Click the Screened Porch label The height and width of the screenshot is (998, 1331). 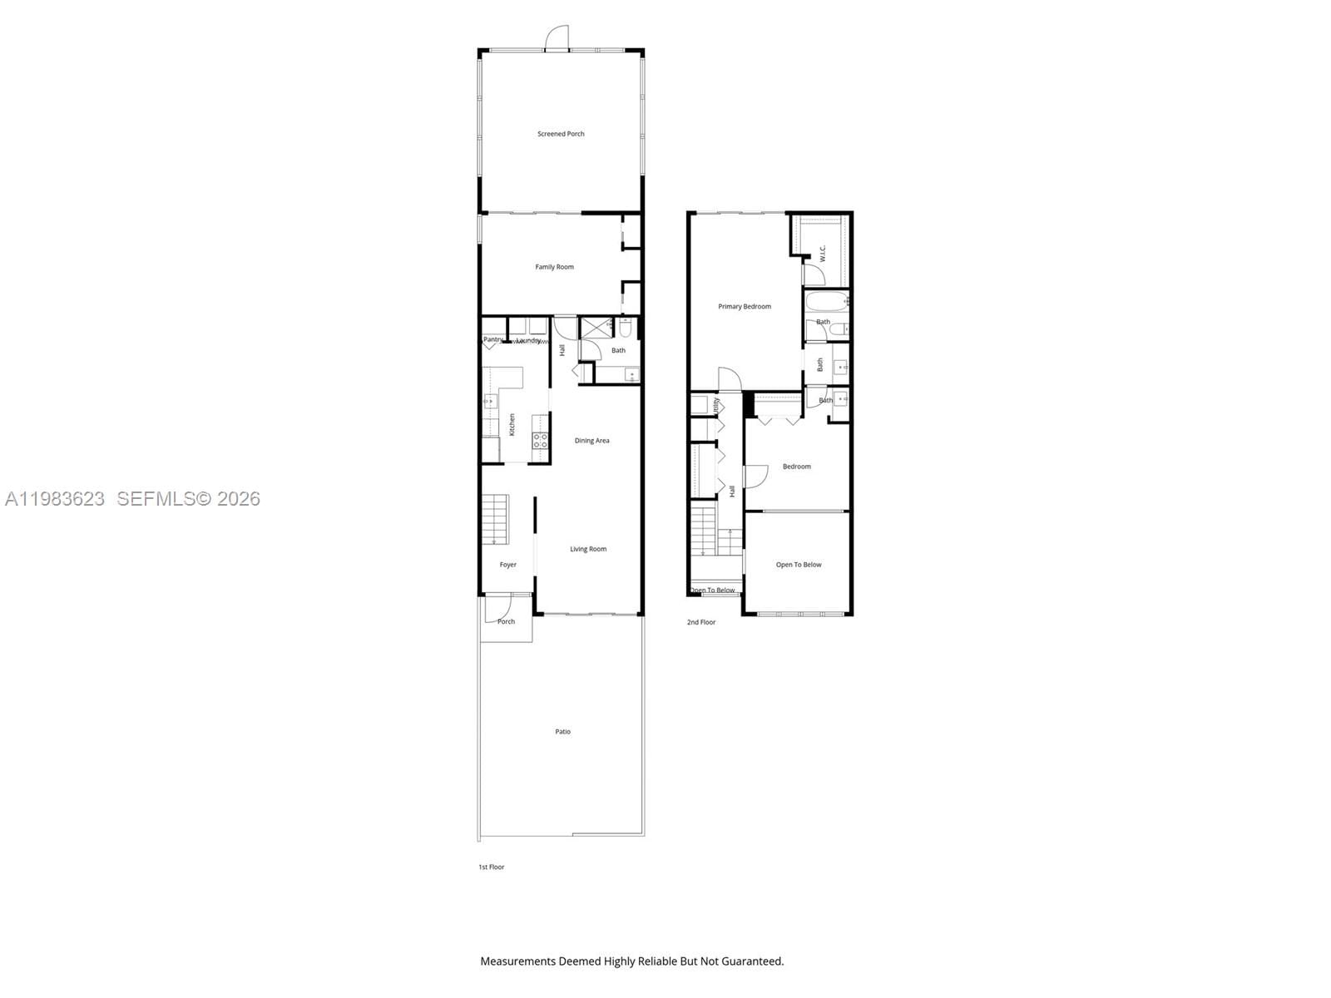click(561, 134)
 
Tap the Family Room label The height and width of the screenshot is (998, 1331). click(554, 267)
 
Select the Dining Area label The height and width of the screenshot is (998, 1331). click(591, 441)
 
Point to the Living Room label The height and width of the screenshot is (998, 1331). click(588, 549)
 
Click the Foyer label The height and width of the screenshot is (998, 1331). click(507, 565)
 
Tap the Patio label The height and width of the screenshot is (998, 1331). click(563, 732)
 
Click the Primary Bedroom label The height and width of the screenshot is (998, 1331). click(745, 307)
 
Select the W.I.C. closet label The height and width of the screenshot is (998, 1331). click(822, 253)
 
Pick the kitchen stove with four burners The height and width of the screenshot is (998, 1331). click(540, 441)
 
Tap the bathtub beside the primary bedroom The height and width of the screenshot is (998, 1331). click(825, 301)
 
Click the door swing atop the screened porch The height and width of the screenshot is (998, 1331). click(556, 38)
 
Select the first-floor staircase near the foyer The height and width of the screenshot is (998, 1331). click(495, 519)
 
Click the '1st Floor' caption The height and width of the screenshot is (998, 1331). click(491, 867)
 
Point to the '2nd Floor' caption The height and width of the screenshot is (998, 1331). click(700, 622)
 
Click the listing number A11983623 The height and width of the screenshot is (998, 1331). click(55, 499)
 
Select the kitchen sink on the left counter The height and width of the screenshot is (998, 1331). click(490, 402)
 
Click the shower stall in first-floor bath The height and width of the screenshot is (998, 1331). click(595, 326)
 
